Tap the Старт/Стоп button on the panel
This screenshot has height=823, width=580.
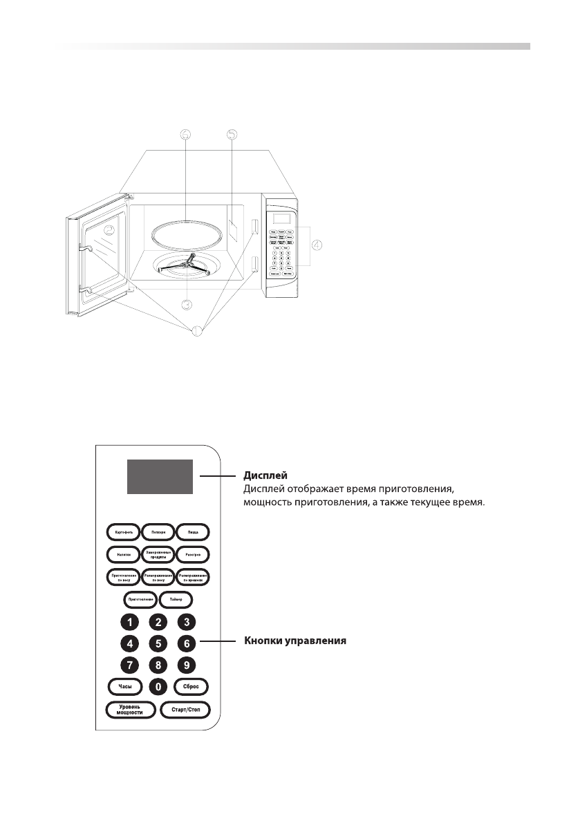pos(185,710)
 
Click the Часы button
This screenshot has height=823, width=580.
pos(125,687)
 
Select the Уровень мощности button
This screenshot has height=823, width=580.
pos(131,710)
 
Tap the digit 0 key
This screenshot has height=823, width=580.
pos(158,687)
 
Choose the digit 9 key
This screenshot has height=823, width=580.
pos(186,665)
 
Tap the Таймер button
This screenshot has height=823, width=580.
pos(176,598)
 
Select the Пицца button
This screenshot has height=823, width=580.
pos(192,532)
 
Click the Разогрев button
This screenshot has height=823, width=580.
pos(192,554)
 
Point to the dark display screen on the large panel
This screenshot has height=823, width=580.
pos(159,477)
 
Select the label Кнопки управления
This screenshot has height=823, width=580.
pos(295,642)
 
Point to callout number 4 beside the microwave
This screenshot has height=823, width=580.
pos(317,244)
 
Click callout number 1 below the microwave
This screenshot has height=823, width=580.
pos(196,331)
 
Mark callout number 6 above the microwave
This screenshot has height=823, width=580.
pos(185,135)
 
